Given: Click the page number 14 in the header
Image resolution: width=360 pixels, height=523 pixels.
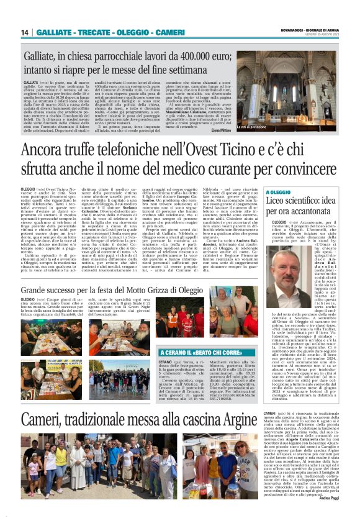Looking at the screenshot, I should pyautogui.click(x=24, y=32).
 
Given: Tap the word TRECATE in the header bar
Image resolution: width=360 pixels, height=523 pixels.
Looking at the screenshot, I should pyautogui.click(x=91, y=32).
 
